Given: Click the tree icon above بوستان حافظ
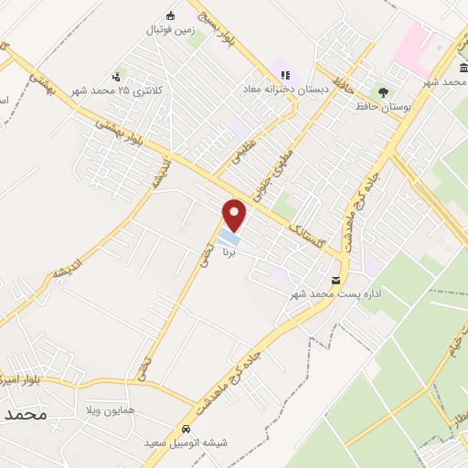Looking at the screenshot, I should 383,92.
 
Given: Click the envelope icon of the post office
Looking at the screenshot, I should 336,280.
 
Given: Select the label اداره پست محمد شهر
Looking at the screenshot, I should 335,294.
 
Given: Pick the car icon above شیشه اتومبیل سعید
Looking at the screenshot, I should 186,429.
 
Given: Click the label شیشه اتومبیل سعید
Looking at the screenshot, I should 186,442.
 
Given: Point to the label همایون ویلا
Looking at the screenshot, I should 110,410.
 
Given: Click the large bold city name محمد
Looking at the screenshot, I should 25,414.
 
